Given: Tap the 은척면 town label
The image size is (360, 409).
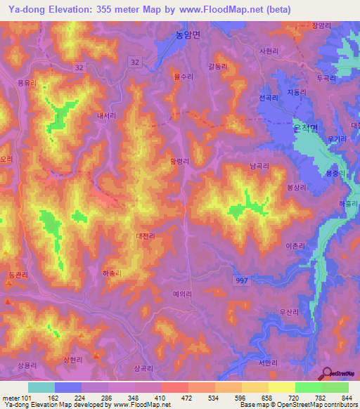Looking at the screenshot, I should point(304,128).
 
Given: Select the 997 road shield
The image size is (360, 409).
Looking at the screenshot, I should point(241,280).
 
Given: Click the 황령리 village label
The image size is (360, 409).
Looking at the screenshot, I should point(179,161).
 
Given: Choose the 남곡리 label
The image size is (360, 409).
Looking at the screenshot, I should point(259,167).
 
